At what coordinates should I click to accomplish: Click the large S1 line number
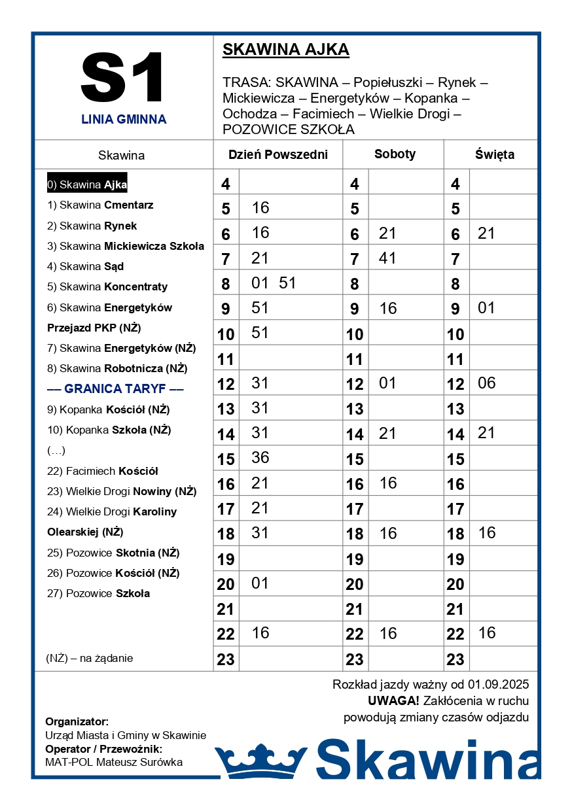pos(123,78)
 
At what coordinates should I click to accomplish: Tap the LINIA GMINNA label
pos(124,120)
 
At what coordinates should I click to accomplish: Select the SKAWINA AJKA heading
pos(286,50)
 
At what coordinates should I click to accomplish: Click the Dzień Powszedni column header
pos(277,155)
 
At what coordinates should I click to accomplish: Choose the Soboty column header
pos(395,154)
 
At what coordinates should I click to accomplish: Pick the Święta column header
pos(494,155)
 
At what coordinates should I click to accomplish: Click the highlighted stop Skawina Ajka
pos(87,184)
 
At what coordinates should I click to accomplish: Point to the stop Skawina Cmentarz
pos(100,205)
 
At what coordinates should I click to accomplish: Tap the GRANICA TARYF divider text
pos(115,389)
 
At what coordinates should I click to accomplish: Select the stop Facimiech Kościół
pos(103,471)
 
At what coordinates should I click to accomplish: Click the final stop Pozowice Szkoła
pos(98,593)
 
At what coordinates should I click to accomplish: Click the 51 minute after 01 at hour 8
pos(287,283)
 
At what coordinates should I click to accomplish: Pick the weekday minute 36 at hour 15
pos(260,458)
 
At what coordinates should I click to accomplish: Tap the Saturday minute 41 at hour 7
pos(387,258)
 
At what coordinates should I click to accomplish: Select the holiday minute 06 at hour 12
pos(487,383)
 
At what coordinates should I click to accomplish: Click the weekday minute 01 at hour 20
pos(260,583)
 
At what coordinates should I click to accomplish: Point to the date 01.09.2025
pos(498,685)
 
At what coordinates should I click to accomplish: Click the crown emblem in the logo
pos(260,761)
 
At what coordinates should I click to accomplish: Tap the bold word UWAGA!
pos(393,701)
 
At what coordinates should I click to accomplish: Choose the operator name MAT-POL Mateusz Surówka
pos(114,762)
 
